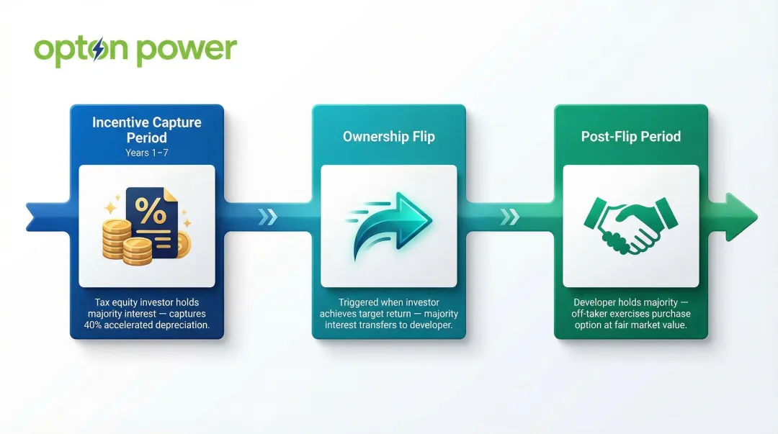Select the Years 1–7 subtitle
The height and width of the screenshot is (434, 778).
coord(147,153)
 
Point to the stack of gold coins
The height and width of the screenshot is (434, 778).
coord(127,240)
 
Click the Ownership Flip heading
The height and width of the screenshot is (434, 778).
coord(389,136)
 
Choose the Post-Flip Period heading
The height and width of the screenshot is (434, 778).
coord(631,136)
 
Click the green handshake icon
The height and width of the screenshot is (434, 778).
coord(630,225)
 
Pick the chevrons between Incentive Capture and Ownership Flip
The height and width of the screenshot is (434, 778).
coord(268,217)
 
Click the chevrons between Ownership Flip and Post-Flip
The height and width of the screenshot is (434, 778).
coord(510,217)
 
